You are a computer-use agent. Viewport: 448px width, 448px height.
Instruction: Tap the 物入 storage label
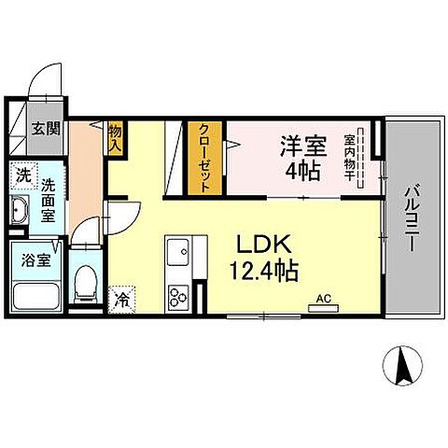point(116,138)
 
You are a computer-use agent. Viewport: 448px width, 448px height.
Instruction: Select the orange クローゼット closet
point(202,160)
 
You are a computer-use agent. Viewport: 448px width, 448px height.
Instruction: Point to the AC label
point(324,299)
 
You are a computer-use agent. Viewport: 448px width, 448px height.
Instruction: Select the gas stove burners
point(177,298)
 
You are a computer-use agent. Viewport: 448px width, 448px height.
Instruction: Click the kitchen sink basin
point(177,253)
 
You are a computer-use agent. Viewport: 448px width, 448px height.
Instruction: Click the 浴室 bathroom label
point(26,259)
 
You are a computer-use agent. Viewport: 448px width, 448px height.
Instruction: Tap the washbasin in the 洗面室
point(21,212)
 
